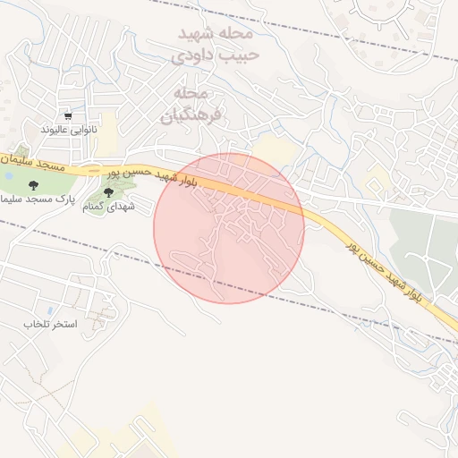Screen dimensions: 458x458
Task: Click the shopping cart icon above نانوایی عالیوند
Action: pos(68,116)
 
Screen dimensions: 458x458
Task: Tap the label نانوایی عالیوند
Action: pos(68,130)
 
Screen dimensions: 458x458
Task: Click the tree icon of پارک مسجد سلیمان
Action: pos(33,185)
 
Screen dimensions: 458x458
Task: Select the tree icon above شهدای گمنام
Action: pos(109,191)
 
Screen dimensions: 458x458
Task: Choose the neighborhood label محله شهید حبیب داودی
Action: pos(214,45)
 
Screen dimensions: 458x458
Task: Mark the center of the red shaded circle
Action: pos(229,228)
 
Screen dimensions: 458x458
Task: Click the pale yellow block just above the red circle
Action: pos(269,148)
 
